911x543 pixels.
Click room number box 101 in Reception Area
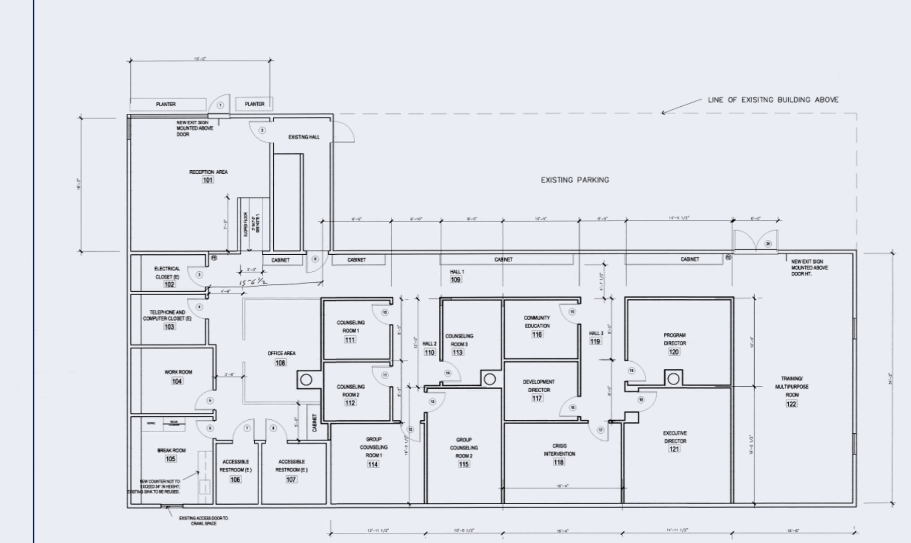point(208,180)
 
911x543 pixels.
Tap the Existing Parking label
point(575,180)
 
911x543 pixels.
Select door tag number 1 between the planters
point(220,105)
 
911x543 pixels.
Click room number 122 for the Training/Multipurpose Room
point(791,404)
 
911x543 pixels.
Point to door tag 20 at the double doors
point(768,244)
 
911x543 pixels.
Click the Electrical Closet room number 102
point(169,285)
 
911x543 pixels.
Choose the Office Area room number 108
point(281,362)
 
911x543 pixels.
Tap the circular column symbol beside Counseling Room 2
point(306,380)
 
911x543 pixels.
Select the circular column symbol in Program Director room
point(673,379)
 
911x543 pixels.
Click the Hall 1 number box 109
point(455,280)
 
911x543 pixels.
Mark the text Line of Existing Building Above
point(773,100)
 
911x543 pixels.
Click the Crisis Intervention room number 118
point(559,462)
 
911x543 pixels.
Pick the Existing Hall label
point(304,137)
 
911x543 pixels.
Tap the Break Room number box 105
point(170,459)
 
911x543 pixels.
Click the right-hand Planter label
point(254,104)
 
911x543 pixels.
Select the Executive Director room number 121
point(674,449)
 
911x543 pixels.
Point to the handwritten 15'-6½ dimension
point(253,282)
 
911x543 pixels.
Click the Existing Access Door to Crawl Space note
point(203,521)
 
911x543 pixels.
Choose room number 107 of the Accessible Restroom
point(291,479)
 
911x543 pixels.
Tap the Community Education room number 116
point(537,334)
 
